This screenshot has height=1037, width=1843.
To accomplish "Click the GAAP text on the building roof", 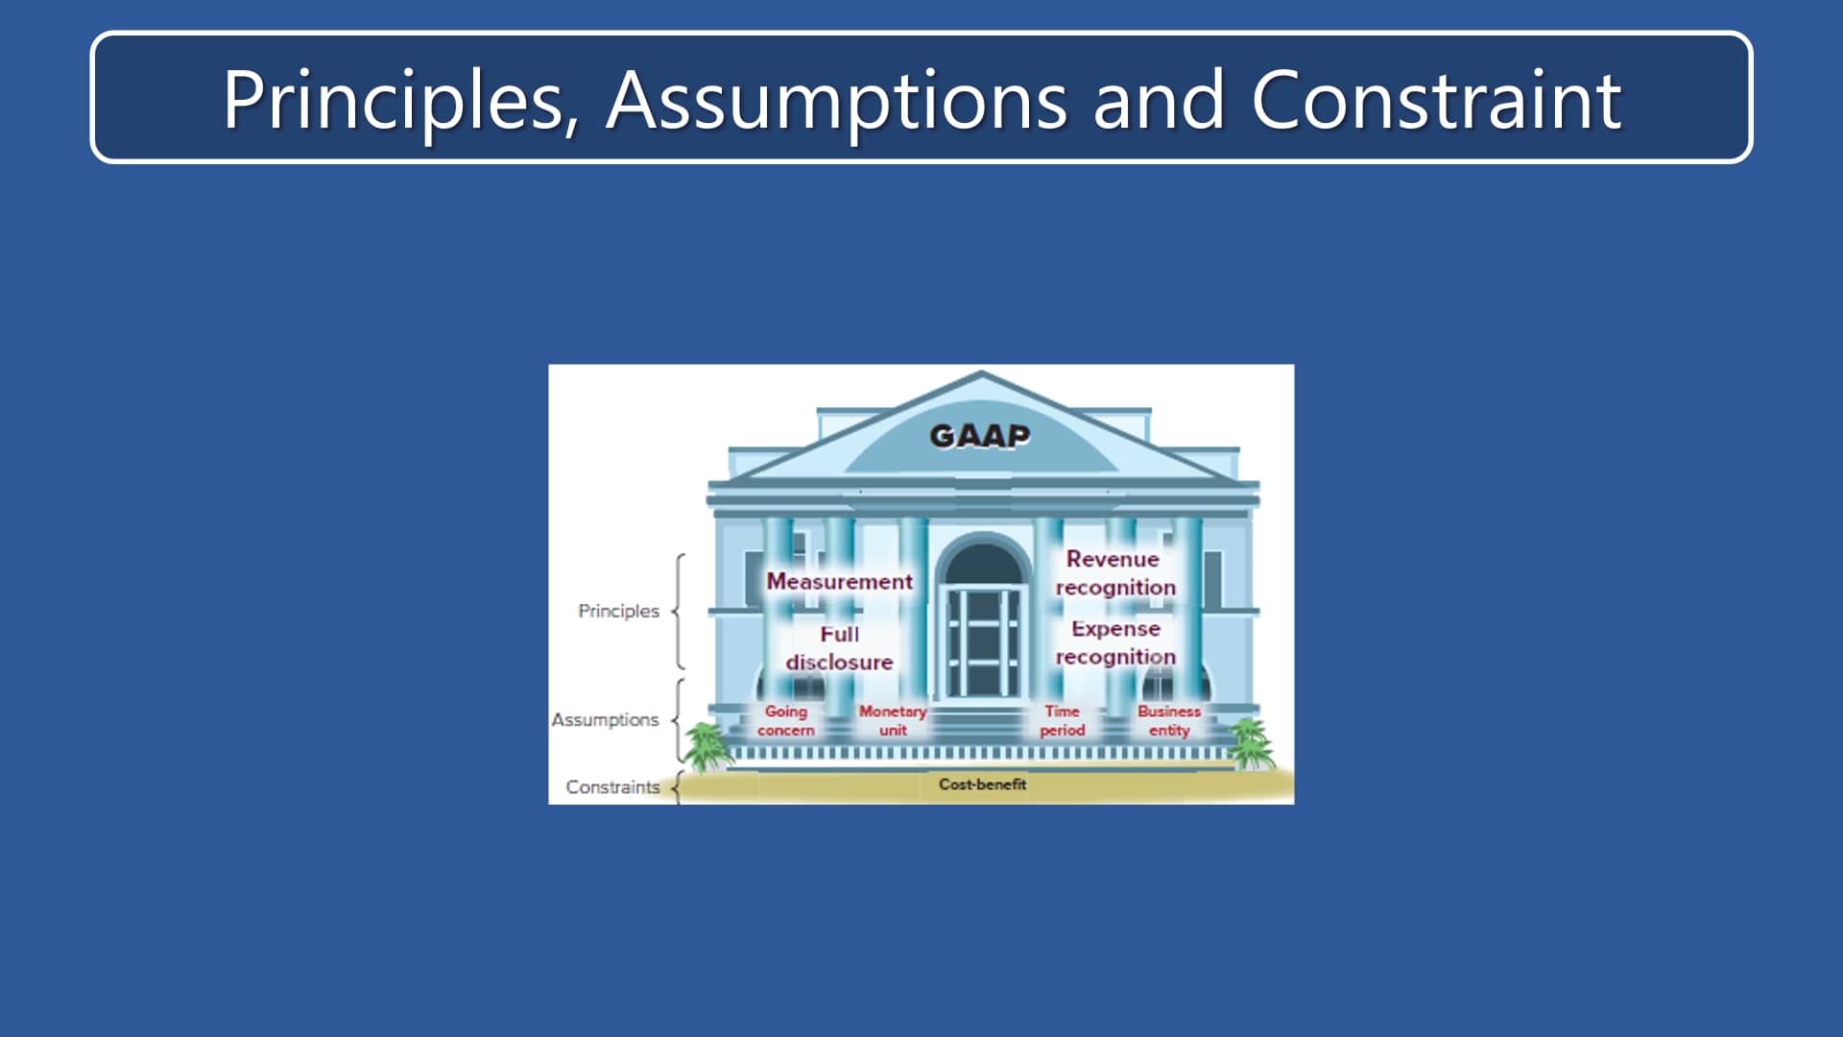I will coord(979,436).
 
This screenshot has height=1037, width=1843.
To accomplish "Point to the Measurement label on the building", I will coord(839,582).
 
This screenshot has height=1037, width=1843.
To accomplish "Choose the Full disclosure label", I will coord(839,648).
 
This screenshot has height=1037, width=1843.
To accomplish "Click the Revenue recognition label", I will coord(1114,573).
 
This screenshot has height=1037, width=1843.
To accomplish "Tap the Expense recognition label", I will coord(1115,642).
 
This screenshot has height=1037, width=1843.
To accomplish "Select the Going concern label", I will coord(785,720).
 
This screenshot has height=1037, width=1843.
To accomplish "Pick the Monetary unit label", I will coord(893,720).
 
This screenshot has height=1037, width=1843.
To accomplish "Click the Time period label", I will coord(1062,720).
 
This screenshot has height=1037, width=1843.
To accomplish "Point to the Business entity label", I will coord(1168,720).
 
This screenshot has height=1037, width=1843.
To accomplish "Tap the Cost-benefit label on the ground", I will coord(982,784).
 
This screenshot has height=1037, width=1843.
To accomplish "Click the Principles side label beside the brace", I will coord(618,611).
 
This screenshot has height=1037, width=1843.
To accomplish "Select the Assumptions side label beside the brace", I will coord(605,719).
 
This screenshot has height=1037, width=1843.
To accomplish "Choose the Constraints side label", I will coord(612,786).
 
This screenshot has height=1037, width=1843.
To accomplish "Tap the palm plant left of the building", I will coord(707,747).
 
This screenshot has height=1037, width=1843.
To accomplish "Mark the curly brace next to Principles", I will coord(679,611).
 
